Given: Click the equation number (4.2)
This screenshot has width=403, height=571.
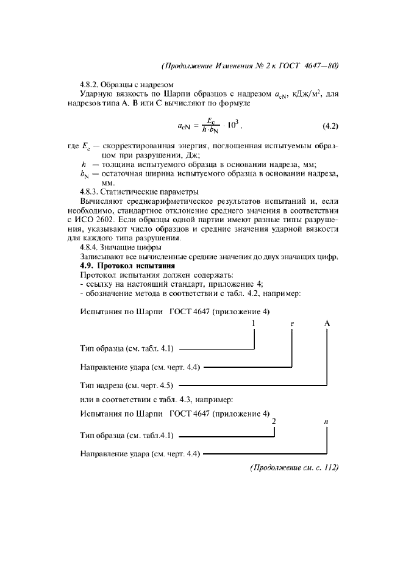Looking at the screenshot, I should [x=330, y=127].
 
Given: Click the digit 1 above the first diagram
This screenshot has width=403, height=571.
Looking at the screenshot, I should [x=254, y=323].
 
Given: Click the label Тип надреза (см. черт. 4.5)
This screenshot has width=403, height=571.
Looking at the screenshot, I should [x=127, y=386].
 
